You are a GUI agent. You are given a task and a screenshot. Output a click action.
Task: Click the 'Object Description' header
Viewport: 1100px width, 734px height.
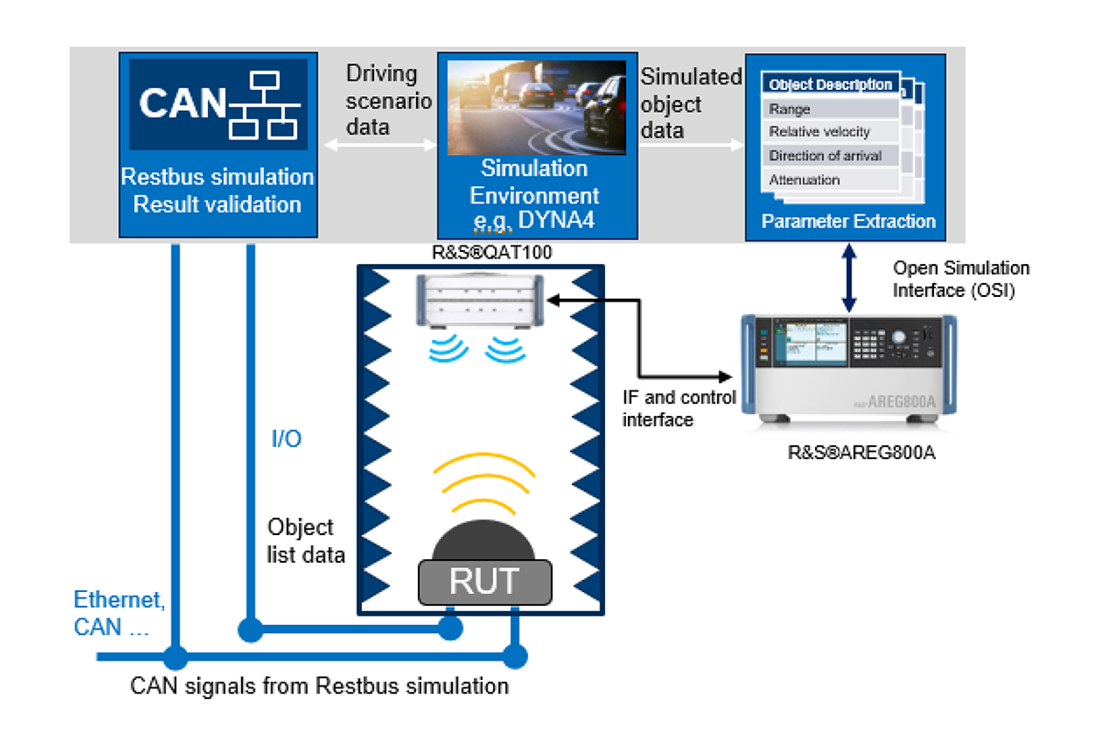(830, 85)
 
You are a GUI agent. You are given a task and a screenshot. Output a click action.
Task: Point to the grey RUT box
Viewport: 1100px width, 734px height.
(485, 581)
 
